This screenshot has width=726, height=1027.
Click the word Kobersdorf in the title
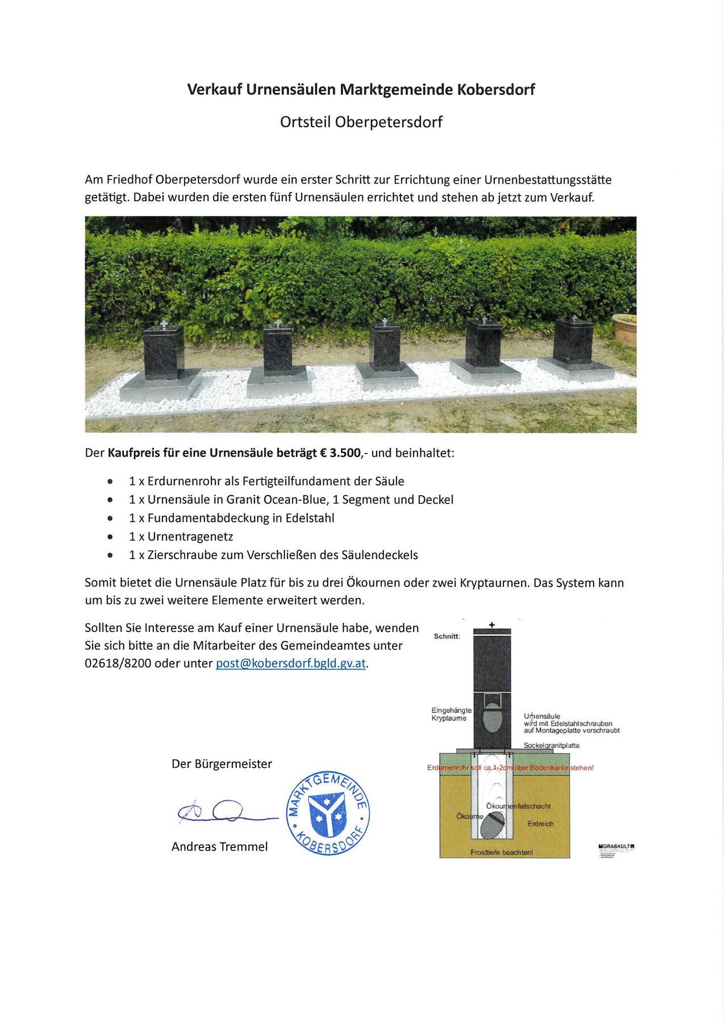496,89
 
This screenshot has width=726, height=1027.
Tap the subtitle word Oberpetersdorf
389,122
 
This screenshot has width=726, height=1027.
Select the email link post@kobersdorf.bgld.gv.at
291,663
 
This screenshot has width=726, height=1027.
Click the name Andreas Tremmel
219,847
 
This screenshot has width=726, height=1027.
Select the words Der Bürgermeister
222,764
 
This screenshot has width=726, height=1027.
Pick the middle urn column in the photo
386,347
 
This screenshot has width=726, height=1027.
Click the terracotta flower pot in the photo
625,329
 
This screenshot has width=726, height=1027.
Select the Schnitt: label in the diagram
447,637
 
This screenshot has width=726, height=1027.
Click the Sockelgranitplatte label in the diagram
552,746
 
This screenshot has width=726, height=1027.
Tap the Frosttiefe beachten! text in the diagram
502,853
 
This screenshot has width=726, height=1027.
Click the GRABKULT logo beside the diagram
617,846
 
